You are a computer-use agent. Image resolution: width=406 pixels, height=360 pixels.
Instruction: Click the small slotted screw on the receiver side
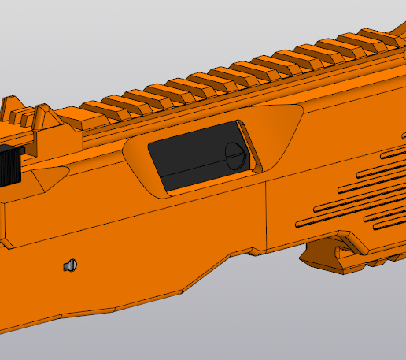point(71,265)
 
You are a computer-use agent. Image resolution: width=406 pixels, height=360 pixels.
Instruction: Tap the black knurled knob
point(10,165)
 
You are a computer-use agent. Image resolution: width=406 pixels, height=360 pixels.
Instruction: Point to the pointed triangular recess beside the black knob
point(47,175)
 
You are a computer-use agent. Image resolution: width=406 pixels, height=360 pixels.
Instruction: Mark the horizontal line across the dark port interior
point(197,170)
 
